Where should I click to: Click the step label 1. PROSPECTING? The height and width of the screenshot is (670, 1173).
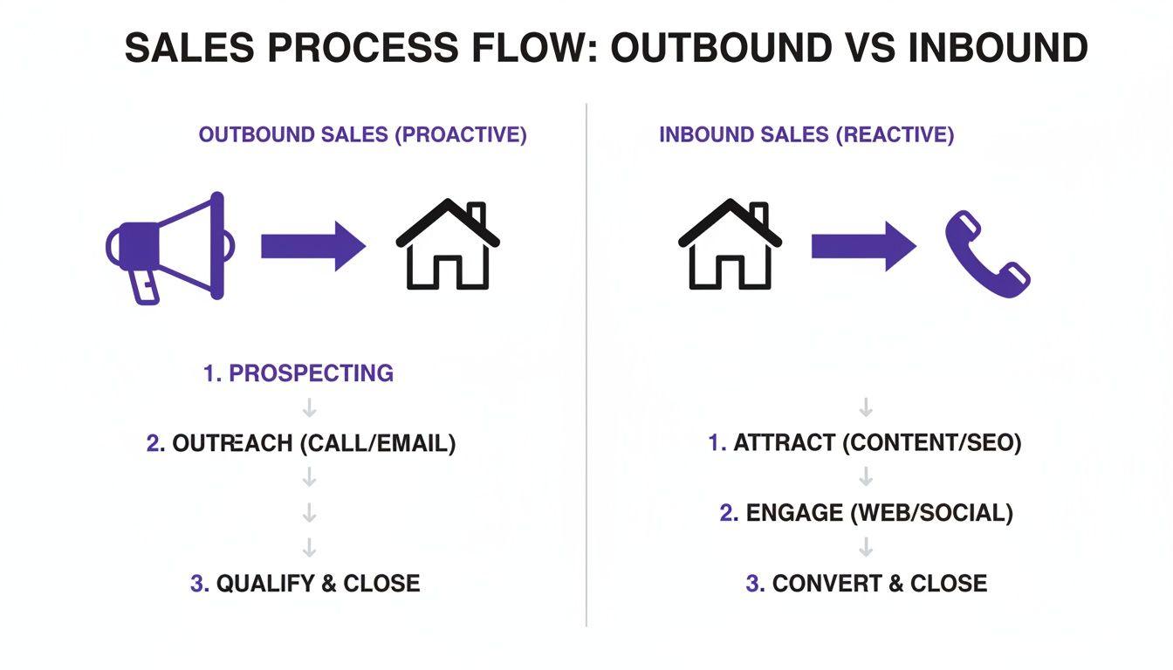[x=298, y=374]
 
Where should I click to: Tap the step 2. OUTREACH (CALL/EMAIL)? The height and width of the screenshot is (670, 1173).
[x=301, y=443]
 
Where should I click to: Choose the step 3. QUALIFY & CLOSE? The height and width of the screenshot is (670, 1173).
[x=305, y=584]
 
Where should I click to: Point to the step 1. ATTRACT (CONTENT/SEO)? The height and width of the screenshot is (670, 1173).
[x=864, y=443]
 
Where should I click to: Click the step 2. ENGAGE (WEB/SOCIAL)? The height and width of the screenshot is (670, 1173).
[x=866, y=513]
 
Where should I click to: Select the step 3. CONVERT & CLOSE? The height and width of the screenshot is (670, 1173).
[x=866, y=584]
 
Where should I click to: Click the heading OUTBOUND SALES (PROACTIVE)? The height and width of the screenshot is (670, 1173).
[x=362, y=135]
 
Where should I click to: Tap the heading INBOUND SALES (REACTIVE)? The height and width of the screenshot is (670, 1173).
[x=806, y=135]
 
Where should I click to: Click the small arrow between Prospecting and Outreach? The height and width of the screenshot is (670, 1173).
[x=309, y=408]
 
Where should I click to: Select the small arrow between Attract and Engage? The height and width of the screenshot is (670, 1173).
[x=866, y=477]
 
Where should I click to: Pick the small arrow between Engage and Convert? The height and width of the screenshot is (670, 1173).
[x=866, y=548]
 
